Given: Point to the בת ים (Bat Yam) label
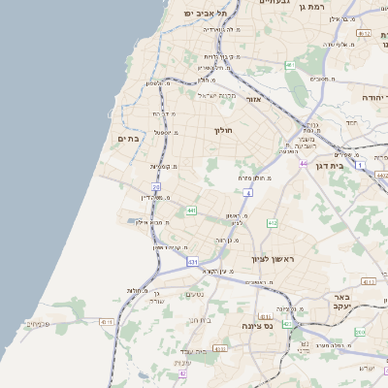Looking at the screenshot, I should [130, 139].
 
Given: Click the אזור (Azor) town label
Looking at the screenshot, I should [255, 99].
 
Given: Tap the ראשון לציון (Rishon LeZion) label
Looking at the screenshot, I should [273, 258].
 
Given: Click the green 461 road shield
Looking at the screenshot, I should [289, 65].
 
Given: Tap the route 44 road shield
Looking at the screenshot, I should [303, 164].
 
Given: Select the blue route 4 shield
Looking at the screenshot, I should [248, 194].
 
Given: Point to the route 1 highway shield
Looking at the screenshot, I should [360, 166].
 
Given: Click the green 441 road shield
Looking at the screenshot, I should [191, 210].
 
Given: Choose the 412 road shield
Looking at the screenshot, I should [272, 223].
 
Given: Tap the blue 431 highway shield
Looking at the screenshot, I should [193, 262].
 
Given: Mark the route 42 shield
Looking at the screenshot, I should [181, 372].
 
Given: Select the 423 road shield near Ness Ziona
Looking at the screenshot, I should [287, 324].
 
